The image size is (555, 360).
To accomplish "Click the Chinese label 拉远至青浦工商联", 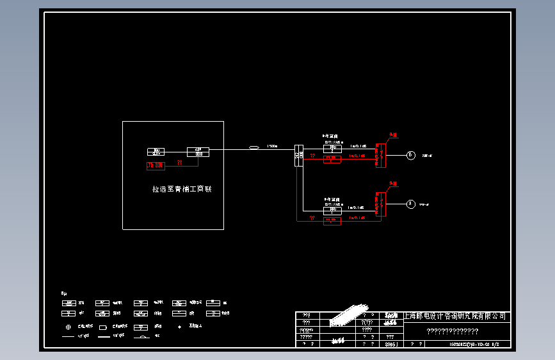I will tap(182, 190).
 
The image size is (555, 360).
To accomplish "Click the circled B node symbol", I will tap(411, 154).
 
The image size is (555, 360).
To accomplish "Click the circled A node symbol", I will tap(411, 204).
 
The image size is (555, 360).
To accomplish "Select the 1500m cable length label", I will tap(272, 146).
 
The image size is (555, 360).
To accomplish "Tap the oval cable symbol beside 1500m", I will tap(254, 149).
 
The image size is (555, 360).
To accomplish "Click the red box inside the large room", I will tap(156, 165).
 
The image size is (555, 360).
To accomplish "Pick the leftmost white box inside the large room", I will tap(156, 152).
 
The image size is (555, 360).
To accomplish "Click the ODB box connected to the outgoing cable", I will tap(198, 152).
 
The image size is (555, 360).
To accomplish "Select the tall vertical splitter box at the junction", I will tap(298, 154).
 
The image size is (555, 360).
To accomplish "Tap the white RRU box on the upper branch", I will tap(332, 149).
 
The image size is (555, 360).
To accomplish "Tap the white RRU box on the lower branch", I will tap(332, 209).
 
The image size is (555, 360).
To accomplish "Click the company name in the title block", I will tap(457, 316).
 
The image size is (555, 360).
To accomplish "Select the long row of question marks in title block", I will tap(453, 331).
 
